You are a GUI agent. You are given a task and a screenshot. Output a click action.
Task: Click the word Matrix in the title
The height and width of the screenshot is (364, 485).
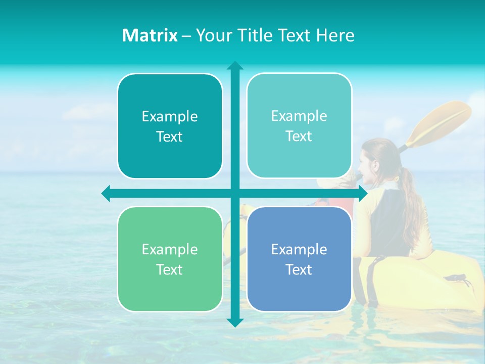pos(150,35)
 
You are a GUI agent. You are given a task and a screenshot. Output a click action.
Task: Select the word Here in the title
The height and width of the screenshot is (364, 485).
pos(335,35)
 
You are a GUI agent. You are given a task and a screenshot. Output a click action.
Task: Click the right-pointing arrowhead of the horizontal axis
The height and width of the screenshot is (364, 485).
pos(362,193)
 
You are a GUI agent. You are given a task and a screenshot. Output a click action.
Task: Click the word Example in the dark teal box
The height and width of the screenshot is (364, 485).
pos(170,117)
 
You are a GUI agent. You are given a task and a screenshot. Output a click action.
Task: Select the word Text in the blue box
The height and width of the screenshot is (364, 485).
pos(299,269)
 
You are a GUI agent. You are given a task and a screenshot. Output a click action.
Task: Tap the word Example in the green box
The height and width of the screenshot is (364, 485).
pos(170,249)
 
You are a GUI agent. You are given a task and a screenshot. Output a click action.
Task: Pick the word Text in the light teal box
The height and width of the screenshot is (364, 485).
pos(299,136)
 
